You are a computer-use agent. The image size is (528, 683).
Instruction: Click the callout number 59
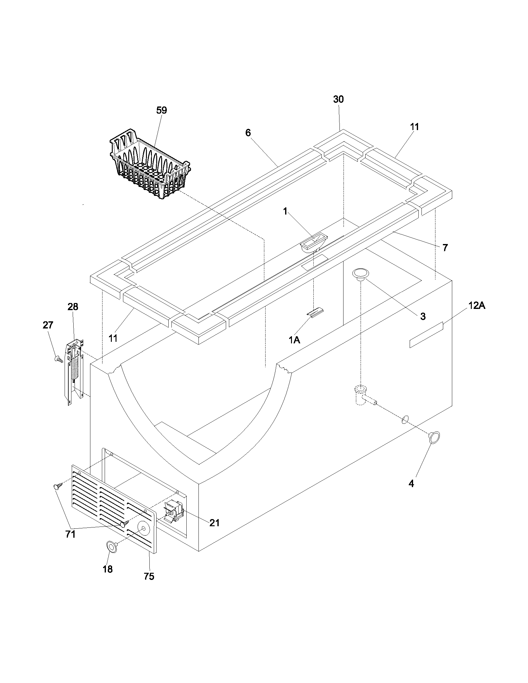coord(162,111)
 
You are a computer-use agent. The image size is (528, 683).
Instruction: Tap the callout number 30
coord(338,99)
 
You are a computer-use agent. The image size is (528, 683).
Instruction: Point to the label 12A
coord(477,306)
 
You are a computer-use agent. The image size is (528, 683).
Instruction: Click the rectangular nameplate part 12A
coord(426,335)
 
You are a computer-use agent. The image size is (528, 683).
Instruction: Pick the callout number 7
coord(445,248)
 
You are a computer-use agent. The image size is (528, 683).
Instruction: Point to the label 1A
coord(294,340)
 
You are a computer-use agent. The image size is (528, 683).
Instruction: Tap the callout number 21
coord(214,522)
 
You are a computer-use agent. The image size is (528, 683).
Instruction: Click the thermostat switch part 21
coord(174,511)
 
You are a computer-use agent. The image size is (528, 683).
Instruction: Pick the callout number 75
coord(149,577)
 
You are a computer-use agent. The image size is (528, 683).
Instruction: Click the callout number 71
coord(71,535)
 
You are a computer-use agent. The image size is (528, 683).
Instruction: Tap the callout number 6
coord(248,133)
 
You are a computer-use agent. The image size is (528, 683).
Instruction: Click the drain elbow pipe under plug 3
coord(363,395)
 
